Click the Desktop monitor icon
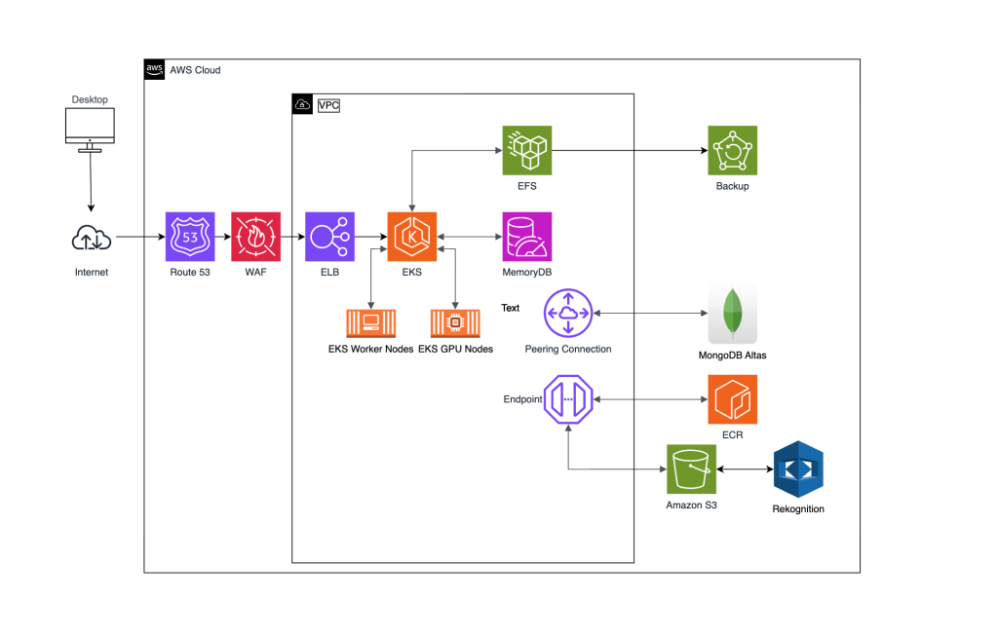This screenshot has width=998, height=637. pyautogui.click(x=90, y=130)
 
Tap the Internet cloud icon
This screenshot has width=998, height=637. pyautogui.click(x=92, y=237)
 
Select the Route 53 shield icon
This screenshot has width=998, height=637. pyautogui.click(x=190, y=237)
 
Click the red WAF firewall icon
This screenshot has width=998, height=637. pyautogui.click(x=255, y=237)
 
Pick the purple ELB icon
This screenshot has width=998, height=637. pyautogui.click(x=329, y=237)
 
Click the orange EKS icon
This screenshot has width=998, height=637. pyautogui.click(x=412, y=237)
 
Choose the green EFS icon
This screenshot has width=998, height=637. pyautogui.click(x=526, y=150)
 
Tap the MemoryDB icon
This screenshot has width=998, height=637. pyautogui.click(x=526, y=237)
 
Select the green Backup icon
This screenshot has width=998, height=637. pyautogui.click(x=733, y=150)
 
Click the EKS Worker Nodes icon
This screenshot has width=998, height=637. pyautogui.click(x=370, y=323)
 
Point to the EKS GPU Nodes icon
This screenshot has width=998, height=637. pyautogui.click(x=455, y=323)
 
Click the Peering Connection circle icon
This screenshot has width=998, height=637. pyautogui.click(x=568, y=313)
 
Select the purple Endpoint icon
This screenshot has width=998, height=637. pyautogui.click(x=568, y=399)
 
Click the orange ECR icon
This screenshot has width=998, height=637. pyautogui.click(x=732, y=399)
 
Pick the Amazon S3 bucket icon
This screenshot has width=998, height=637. pyautogui.click(x=691, y=469)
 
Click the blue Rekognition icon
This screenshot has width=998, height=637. pyautogui.click(x=798, y=470)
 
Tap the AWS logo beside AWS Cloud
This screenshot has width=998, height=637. pyautogui.click(x=154, y=69)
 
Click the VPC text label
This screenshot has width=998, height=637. pyautogui.click(x=328, y=104)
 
